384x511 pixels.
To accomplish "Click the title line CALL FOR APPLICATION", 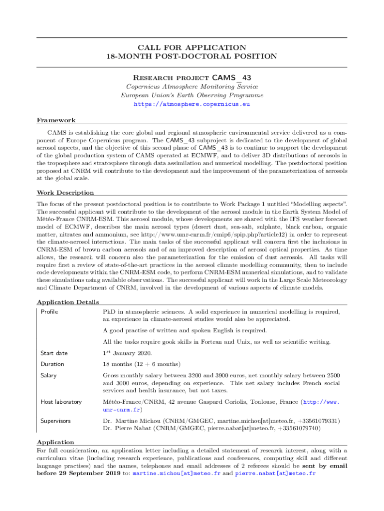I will (192, 47).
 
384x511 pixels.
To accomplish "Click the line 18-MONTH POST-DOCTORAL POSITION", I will (192, 56).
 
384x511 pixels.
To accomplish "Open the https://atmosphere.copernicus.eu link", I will (192, 104).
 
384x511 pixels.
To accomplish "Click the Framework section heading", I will (56, 120).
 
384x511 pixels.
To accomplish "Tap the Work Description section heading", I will (65, 193).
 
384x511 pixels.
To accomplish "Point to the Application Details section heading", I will (68, 302).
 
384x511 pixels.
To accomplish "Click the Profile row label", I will (49, 312).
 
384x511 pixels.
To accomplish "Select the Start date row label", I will (54, 353).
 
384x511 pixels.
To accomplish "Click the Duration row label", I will (52, 364).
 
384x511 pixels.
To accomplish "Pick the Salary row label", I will (48, 375).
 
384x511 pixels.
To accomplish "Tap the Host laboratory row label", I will (61, 402).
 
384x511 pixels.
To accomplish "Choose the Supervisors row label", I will (55, 421).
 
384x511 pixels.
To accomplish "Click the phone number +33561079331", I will (317, 421).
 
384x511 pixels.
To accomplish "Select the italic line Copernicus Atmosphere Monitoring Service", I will (192, 86).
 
